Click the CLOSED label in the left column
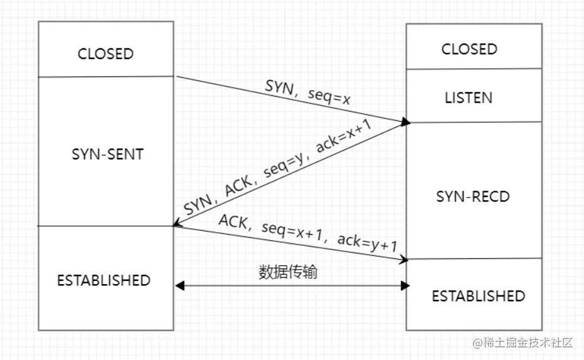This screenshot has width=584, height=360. pyautogui.click(x=105, y=53)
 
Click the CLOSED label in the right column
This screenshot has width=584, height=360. pyautogui.click(x=469, y=49)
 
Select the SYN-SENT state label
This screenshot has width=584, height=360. pyautogui.click(x=107, y=154)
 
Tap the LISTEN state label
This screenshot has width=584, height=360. pyautogui.click(x=469, y=98)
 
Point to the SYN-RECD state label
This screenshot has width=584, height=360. pyautogui.click(x=473, y=197)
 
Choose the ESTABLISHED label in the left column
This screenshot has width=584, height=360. pyautogui.click(x=104, y=280)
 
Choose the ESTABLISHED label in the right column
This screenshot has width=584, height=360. pyautogui.click(x=478, y=295)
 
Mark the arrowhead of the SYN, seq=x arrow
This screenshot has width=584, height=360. pyautogui.click(x=406, y=121)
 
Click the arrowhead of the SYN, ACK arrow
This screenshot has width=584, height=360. pyautogui.click(x=178, y=223)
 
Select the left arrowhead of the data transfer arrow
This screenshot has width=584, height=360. pyautogui.click(x=179, y=286)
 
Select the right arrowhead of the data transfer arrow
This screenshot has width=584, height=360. pyautogui.click(x=405, y=286)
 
